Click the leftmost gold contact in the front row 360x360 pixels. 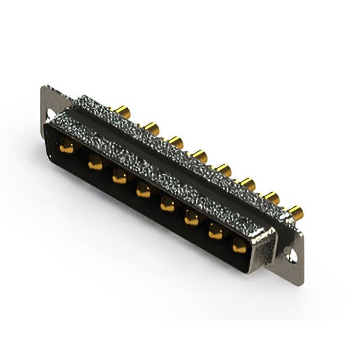(x=66, y=148)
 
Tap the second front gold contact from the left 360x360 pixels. (x=95, y=164)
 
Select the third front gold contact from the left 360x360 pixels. (x=119, y=178)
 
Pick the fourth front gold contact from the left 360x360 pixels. (x=143, y=191)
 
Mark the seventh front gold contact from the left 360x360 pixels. (x=216, y=232)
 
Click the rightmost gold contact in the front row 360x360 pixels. (x=240, y=245)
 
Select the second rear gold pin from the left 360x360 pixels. (x=151, y=128)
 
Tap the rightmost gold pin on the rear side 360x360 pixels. (x=296, y=212)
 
